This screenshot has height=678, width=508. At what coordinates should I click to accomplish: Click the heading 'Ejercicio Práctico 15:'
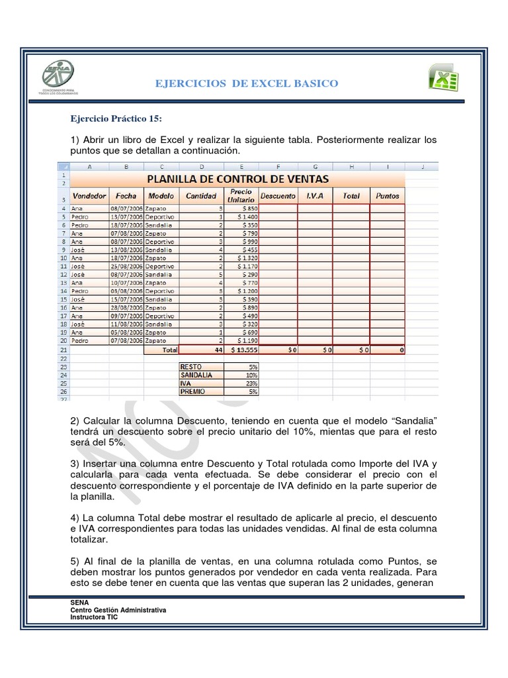coord(116,119)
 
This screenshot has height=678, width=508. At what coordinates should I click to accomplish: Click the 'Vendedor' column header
coord(89,196)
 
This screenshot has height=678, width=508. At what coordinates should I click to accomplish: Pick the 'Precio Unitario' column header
coord(241,195)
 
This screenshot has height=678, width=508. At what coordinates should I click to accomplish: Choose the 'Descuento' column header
coord(278,196)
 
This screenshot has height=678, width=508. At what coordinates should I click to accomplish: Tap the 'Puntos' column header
coord(387,196)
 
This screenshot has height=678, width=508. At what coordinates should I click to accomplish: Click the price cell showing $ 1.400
coord(242,217)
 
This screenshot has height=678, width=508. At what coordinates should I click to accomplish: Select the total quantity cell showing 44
coord(201,350)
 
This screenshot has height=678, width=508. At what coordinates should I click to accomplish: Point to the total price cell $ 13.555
coord(242,350)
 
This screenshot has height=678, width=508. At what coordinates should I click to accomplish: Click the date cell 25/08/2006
coord(126,266)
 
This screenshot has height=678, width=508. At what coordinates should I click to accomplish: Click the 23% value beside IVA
coord(242,383)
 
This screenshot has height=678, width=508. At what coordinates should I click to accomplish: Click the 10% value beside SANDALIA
coord(242,375)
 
